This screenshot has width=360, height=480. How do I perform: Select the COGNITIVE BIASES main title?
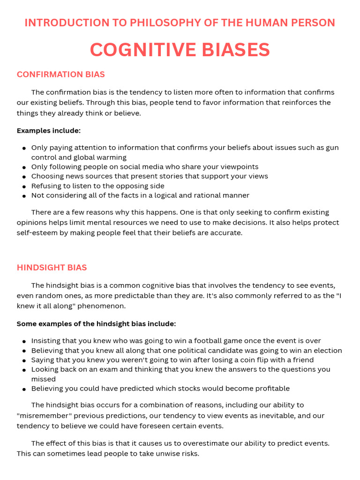180,50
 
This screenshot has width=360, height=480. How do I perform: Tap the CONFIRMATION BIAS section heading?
61,75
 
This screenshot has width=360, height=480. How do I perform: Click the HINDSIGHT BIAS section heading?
52,268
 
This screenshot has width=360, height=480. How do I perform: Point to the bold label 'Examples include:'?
49,130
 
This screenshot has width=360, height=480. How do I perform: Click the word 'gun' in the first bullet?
332,148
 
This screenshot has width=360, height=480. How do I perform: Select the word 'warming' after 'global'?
111,157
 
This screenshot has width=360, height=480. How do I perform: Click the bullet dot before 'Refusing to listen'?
24,186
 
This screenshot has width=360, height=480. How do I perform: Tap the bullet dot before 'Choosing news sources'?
24,177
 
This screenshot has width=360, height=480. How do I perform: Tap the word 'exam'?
97,369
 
